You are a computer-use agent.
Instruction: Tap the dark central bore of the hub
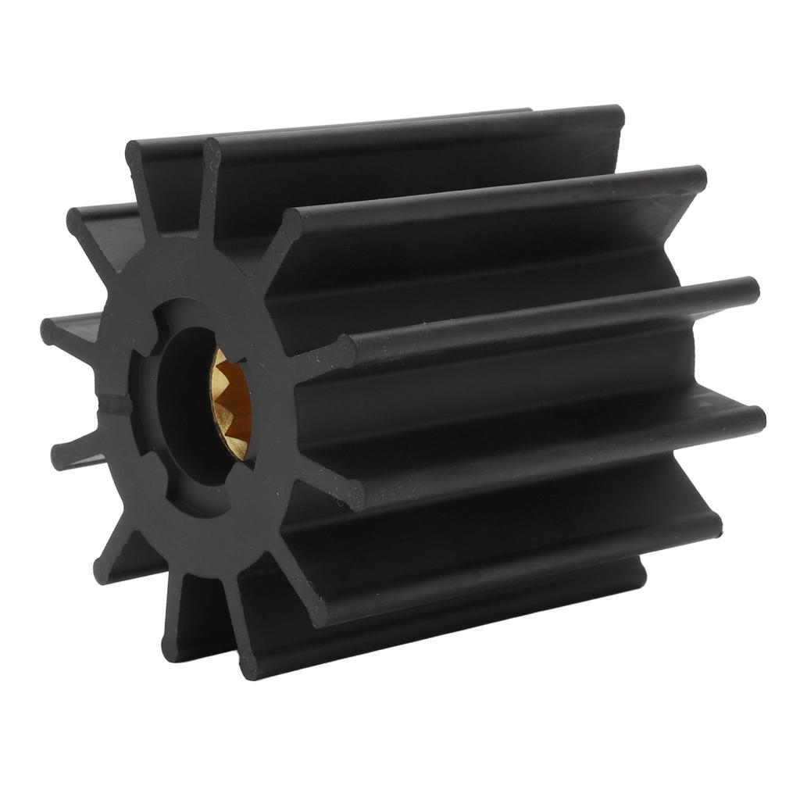coord(187,406)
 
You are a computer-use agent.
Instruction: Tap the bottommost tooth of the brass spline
coord(234,453)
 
